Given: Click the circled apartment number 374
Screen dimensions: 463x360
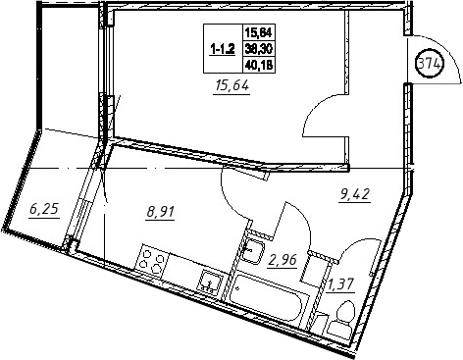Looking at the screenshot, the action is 430,64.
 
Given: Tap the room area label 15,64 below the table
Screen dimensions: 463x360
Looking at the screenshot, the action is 231,86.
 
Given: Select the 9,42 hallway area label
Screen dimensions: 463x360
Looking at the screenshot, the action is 354,194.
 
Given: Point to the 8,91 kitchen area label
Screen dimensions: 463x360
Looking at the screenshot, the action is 161,212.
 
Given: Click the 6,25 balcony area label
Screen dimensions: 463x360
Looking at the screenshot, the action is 44,209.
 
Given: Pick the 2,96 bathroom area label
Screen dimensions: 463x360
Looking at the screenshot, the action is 283,260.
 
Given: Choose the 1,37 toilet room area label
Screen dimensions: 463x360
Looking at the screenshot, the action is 340,284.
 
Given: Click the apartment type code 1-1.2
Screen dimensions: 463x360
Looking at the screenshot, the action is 223,50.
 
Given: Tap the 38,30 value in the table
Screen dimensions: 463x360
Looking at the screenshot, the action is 259,49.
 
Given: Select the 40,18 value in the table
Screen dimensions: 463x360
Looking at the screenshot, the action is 259,66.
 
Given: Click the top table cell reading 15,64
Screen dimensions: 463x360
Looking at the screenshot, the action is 259,32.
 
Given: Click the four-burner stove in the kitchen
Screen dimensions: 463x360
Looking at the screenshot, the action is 152,262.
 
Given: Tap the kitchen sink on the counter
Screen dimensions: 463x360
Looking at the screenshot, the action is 210,282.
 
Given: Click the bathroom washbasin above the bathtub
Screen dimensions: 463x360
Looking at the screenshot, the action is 252,251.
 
